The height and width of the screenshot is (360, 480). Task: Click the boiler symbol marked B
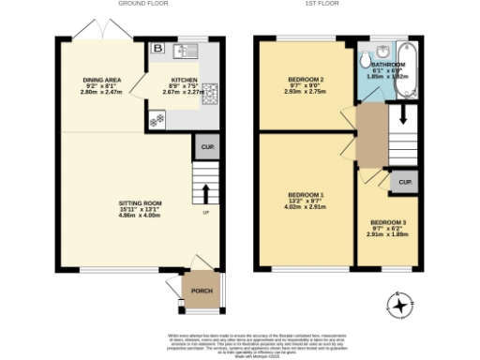point(157,49)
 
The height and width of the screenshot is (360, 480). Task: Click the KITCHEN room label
point(184,81)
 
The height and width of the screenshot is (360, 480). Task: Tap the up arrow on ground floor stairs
point(205,191)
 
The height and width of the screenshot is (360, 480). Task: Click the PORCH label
point(202,291)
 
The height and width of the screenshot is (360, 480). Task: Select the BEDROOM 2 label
point(306,80)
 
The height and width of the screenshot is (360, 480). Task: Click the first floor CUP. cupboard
point(405,182)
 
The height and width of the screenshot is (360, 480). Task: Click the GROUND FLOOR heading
point(141,4)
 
